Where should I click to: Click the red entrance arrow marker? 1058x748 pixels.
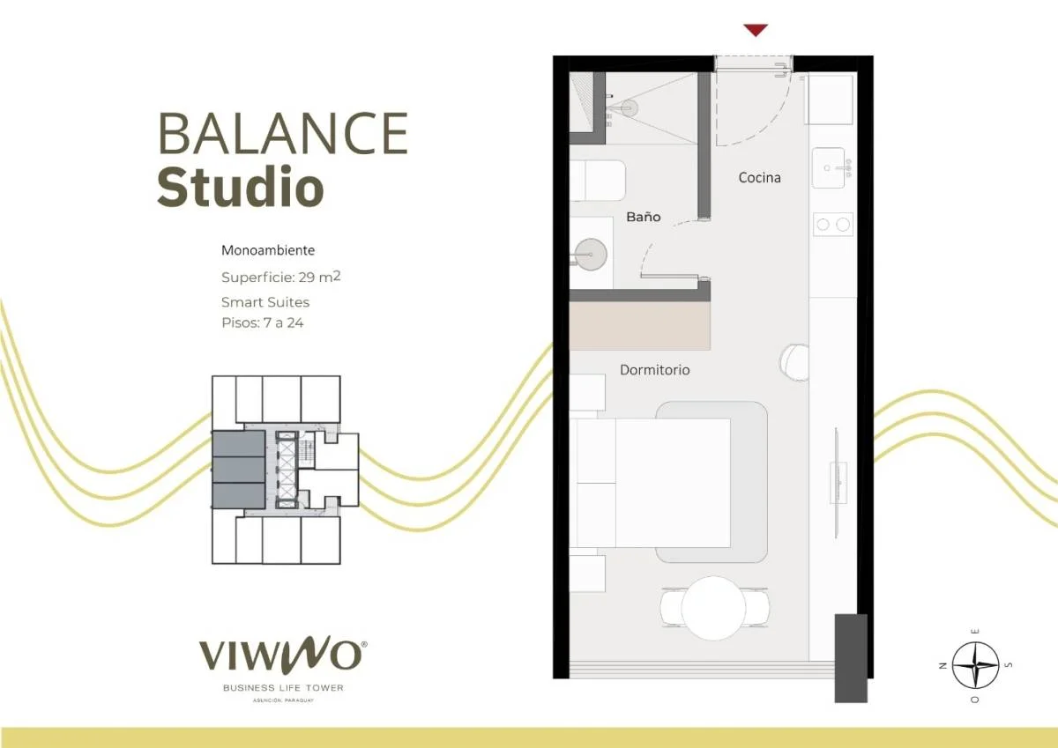[756, 29]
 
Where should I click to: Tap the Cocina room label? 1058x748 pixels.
[759, 178]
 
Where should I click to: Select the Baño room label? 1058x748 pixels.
[644, 217]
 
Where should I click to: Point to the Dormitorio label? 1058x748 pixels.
[654, 370]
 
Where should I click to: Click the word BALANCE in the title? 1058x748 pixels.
[283, 133]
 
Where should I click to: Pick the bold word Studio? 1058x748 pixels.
[241, 187]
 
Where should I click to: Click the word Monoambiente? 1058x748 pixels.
[268, 250]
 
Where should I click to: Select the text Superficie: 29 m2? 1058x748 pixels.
[281, 277]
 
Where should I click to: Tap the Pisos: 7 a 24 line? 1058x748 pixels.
[263, 322]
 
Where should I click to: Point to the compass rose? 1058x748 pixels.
[975, 665]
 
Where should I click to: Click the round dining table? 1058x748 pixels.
[713, 608]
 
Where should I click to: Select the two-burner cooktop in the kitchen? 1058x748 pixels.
[833, 224]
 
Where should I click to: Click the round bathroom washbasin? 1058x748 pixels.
[591, 255]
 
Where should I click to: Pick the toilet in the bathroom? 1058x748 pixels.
[598, 181]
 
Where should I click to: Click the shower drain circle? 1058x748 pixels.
[630, 108]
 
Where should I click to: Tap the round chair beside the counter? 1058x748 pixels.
[795, 362]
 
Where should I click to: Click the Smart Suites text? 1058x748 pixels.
[265, 302]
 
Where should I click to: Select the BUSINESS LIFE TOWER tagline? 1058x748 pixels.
[283, 687]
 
